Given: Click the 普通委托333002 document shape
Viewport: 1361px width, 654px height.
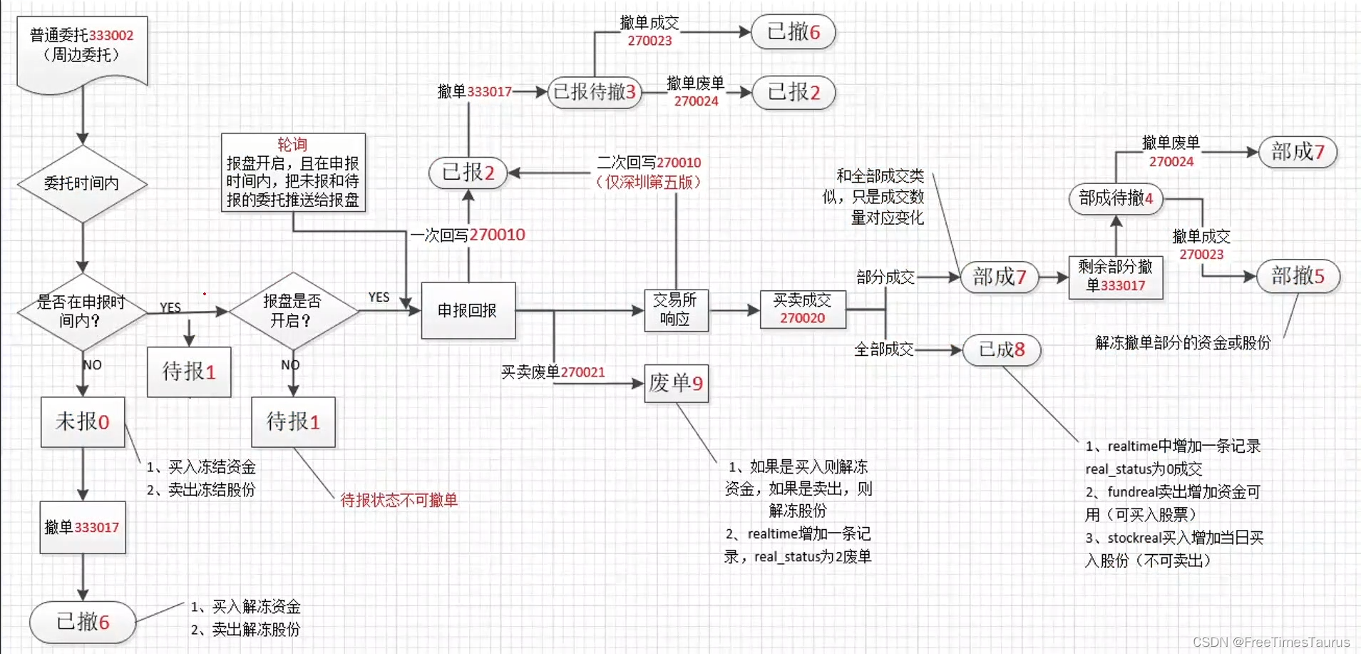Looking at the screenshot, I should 82,50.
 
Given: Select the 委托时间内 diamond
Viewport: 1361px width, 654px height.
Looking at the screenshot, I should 82,183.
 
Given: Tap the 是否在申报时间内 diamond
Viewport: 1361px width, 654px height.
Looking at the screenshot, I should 82,312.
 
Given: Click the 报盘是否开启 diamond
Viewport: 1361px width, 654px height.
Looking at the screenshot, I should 292,311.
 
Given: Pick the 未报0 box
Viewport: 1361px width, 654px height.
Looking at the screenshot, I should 83,421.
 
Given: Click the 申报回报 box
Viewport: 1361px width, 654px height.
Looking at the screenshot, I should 468,310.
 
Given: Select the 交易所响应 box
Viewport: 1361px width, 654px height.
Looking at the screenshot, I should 675,310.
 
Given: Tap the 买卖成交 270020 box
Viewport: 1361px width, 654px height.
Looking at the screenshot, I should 802,309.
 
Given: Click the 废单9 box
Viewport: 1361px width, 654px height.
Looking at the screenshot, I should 676,384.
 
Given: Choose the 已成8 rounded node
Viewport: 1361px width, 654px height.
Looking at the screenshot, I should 1001,349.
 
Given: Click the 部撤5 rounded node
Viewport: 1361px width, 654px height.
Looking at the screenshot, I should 1297,276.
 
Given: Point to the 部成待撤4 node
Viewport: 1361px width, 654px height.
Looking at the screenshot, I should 1116,198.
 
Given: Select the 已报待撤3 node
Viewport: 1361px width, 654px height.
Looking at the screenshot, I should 595,92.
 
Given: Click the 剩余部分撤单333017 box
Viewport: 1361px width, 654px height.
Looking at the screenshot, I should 1115,277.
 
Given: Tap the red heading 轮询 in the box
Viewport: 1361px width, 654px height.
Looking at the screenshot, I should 292,144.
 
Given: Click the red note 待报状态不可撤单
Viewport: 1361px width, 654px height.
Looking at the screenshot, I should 399,500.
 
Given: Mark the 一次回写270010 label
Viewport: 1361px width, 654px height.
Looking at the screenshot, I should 468,235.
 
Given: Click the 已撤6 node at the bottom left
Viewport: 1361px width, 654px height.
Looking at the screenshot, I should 83,621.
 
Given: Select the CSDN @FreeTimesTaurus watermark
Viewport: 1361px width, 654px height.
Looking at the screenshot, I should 1270,642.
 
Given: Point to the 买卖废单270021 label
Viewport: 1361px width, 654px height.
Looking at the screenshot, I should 553,372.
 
